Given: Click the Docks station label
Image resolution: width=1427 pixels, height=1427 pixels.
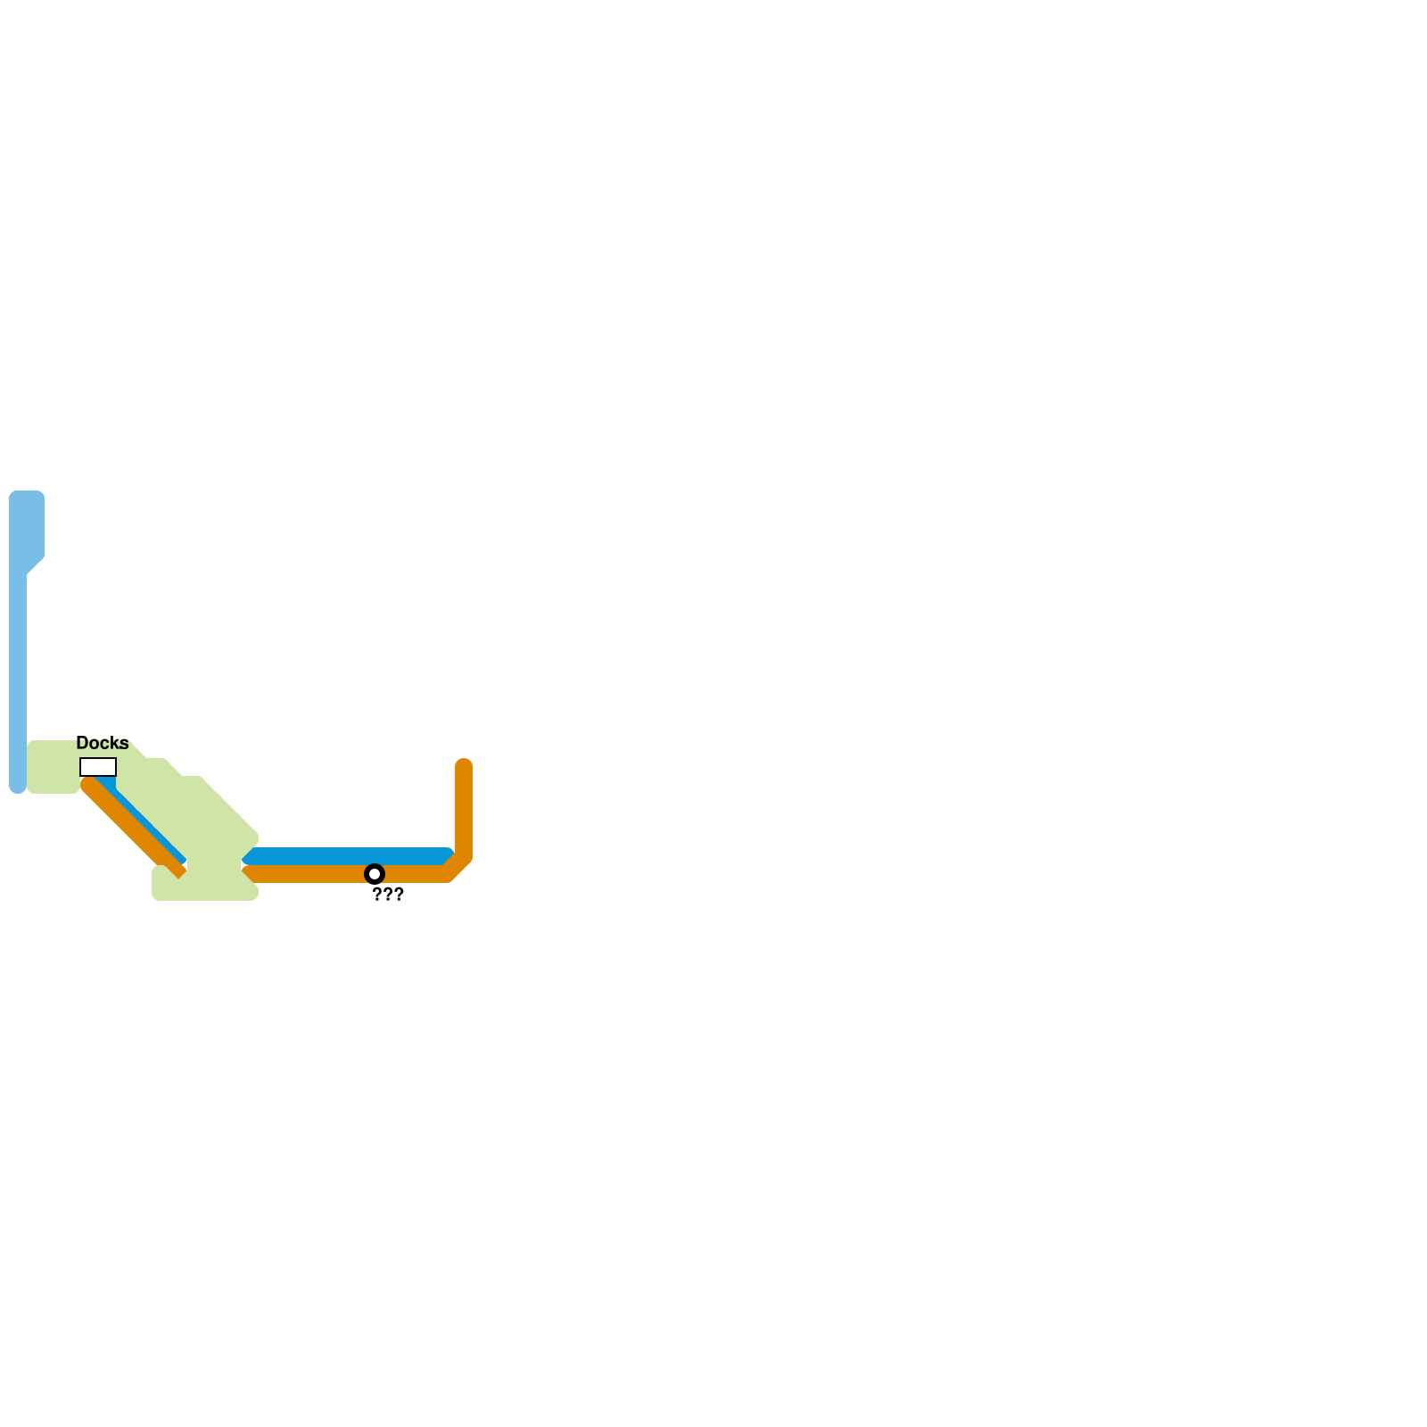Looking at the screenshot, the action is tap(103, 743).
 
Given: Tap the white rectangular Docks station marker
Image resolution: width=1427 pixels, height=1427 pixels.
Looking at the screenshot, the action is tap(98, 767).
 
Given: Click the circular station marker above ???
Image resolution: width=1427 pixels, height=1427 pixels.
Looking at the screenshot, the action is tap(375, 874).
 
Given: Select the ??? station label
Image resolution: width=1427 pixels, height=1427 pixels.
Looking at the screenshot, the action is tap(388, 895).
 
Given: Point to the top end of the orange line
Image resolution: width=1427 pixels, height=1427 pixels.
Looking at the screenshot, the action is tap(464, 766).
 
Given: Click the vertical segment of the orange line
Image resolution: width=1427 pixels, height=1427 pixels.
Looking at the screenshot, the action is tap(464, 812).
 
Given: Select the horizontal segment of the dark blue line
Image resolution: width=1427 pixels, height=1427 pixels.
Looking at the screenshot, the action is tap(348, 856).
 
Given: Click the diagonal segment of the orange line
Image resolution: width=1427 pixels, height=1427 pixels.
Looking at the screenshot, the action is tap(134, 829).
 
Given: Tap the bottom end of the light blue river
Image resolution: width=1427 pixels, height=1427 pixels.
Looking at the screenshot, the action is tap(18, 785).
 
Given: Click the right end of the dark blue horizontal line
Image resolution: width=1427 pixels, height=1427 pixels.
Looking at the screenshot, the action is tap(446, 856).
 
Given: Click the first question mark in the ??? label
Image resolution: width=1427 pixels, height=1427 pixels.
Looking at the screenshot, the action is tap(377, 895).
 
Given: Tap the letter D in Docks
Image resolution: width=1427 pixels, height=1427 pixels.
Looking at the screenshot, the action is tap(82, 743).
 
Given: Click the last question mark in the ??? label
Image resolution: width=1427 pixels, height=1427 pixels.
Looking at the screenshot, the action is tap(399, 895).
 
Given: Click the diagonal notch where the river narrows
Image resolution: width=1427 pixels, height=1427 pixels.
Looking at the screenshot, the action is tap(34, 567).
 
